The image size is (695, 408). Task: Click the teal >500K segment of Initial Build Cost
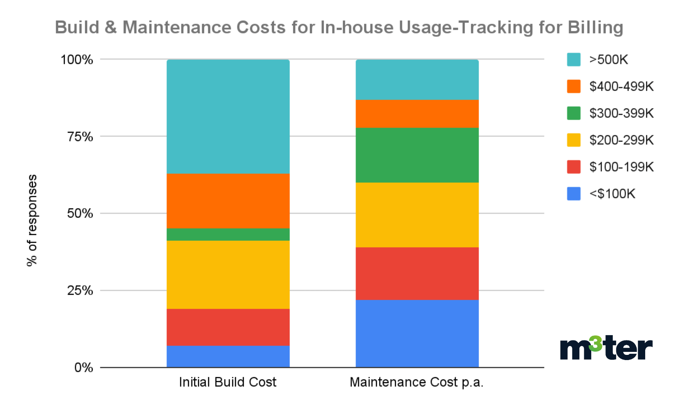[x=228, y=116]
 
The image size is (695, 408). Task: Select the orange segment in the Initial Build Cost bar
[x=228, y=201]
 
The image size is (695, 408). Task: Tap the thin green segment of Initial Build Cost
[x=228, y=234]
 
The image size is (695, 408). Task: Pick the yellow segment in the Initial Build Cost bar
[x=228, y=274]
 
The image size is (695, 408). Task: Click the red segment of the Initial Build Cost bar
[x=228, y=327]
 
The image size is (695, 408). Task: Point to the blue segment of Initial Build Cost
[x=228, y=356]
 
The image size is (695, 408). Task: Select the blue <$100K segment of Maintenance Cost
[x=417, y=333]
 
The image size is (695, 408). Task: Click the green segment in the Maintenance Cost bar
[x=417, y=155]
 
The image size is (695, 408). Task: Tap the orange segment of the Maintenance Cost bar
[x=417, y=114]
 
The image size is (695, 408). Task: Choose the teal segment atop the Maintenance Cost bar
[x=417, y=80]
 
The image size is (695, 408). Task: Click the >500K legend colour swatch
[x=573, y=59]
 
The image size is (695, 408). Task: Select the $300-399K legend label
[x=621, y=113]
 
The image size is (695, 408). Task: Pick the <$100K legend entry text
[x=612, y=194]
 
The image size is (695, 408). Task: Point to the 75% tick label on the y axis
[x=80, y=137]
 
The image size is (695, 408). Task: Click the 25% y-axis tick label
[x=80, y=291]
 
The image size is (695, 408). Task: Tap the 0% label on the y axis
[x=84, y=367]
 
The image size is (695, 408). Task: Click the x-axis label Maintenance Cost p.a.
[x=416, y=382]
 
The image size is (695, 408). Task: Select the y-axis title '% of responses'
[x=32, y=220]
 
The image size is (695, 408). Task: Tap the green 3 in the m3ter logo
[x=596, y=343]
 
